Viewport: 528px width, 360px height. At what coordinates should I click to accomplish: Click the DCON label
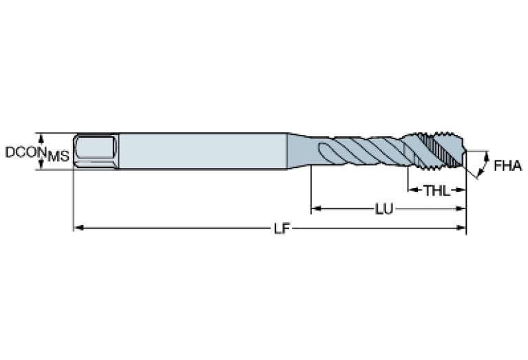(x=25, y=152)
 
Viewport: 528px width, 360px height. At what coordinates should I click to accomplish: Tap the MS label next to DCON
(x=59, y=157)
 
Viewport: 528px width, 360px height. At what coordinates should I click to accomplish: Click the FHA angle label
(x=507, y=166)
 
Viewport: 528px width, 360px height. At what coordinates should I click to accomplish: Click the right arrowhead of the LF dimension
(x=463, y=226)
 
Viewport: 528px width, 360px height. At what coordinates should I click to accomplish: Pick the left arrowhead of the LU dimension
(x=315, y=207)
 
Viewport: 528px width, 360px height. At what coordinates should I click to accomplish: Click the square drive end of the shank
(x=95, y=151)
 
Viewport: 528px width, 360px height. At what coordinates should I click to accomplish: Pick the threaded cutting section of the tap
(x=441, y=151)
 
